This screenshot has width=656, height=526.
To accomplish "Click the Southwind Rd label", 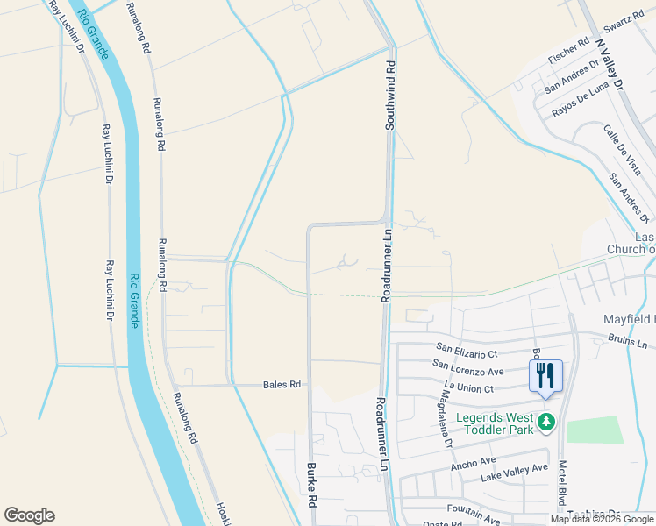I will [391, 96].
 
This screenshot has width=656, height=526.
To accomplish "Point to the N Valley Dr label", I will [609, 65].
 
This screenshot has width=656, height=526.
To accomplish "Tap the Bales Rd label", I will [282, 385].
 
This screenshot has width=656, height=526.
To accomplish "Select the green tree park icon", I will [547, 423].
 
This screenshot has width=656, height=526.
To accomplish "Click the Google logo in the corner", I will [29, 515].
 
